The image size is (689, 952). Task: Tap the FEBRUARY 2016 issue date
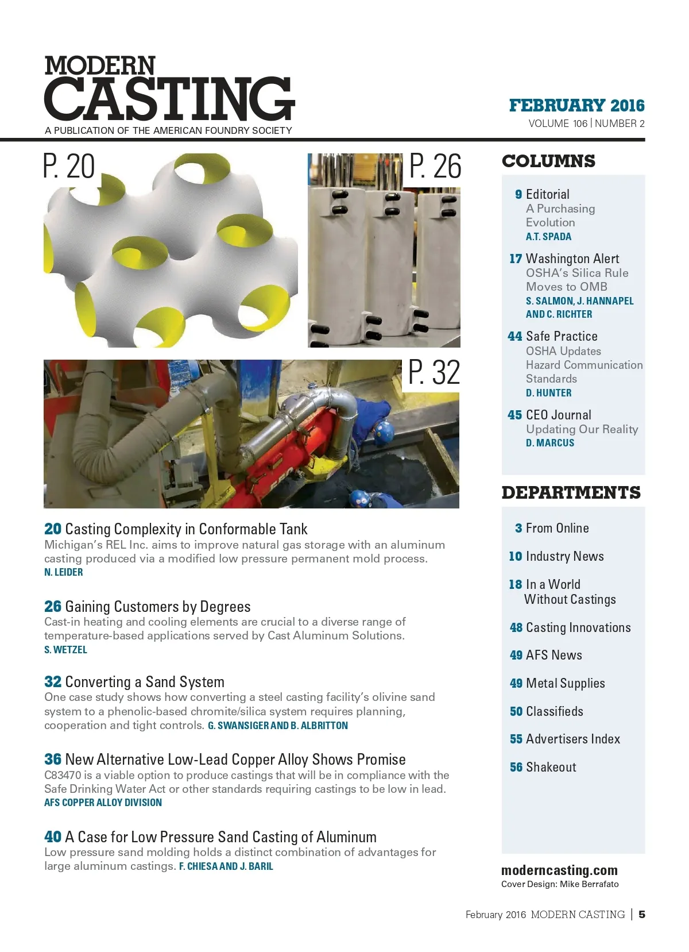pos(576,106)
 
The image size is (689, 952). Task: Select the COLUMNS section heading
pos(548,161)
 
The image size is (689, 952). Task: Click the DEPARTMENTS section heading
pos(571,493)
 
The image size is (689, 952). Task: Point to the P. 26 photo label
pos(435,167)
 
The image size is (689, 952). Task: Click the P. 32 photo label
pos(434,373)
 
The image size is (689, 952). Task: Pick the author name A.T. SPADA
pos(548,237)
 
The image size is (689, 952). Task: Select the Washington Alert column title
pos(572,259)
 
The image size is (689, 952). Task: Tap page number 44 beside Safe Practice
pos(514,337)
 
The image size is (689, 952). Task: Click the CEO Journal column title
pos(558,415)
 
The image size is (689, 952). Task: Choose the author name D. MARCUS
pos(549,443)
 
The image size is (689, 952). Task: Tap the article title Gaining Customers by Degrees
pos(157,607)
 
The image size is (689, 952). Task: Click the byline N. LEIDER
pos(64,572)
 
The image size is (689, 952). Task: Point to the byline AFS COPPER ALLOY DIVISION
pos(103,803)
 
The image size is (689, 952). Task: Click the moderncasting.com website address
pos(559,870)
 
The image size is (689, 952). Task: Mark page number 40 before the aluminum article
pos(53,837)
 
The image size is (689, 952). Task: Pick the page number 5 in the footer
pos(642,914)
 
